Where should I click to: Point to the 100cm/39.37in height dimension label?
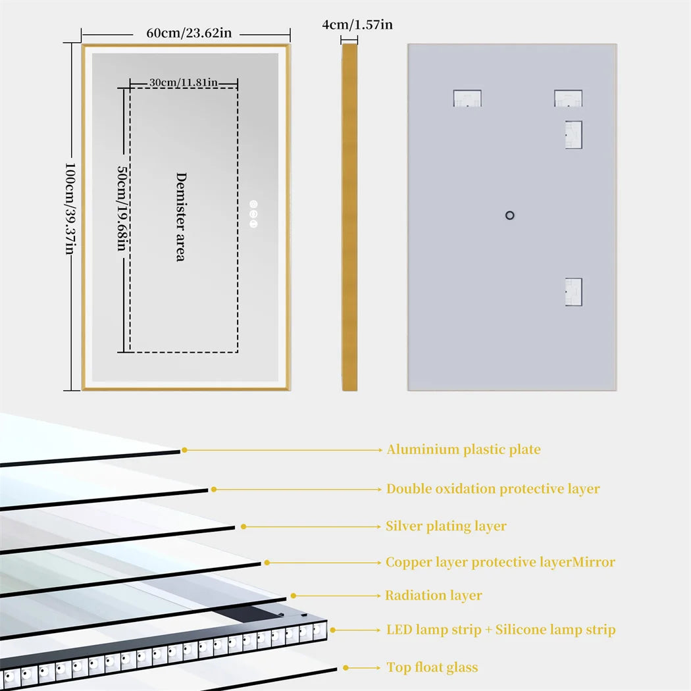(70, 209)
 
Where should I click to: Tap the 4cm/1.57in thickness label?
(357, 25)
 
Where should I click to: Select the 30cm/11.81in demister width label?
(183, 83)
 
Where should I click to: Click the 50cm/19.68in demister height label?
(122, 208)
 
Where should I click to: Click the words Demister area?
(180, 217)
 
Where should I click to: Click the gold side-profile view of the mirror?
(349, 217)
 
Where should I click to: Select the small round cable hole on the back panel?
(509, 215)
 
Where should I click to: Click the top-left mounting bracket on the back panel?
(467, 99)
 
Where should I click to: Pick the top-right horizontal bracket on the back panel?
(568, 99)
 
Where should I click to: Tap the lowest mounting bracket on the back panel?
(573, 292)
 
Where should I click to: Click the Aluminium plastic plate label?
(463, 450)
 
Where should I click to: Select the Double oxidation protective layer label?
(493, 489)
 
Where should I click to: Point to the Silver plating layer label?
(446, 526)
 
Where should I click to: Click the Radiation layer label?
(433, 596)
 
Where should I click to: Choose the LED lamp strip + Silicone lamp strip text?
(501, 630)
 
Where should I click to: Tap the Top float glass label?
(432, 668)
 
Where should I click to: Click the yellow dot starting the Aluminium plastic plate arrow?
(185, 450)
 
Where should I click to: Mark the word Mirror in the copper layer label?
(594, 563)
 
